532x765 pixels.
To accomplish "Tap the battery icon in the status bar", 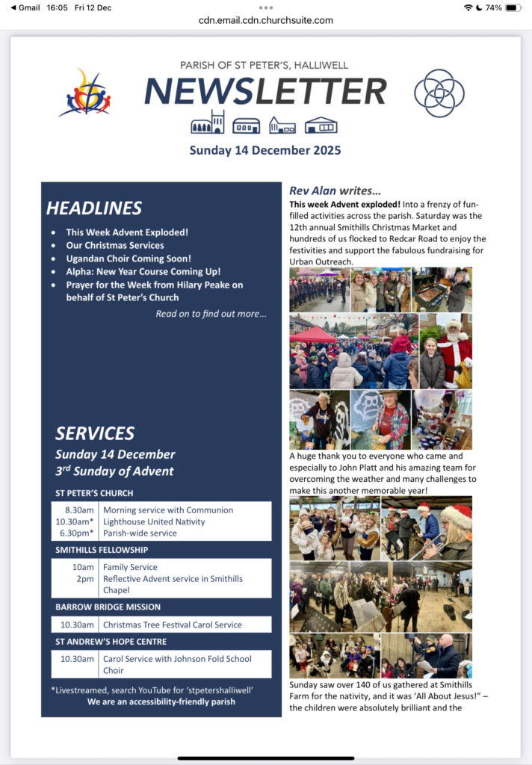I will coord(513,7).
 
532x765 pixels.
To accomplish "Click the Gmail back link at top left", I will coord(25,7).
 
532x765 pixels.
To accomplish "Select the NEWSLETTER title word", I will coord(265,91).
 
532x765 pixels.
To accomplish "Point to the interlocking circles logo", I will coord(439,93).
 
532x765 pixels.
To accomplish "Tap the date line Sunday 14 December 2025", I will coord(265,150).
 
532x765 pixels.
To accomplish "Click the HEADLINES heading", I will coord(94,208).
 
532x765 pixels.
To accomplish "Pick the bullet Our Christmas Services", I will coord(115,245).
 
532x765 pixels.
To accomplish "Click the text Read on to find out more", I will coord(211,314).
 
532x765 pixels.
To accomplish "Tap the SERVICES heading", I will coord(95,433).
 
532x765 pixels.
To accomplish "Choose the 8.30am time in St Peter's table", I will coord(79,510).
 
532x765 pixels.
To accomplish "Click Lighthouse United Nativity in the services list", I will coord(154,521).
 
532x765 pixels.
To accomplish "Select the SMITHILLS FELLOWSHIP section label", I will coord(102,550).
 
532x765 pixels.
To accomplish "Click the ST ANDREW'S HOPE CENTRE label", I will coord(111,642).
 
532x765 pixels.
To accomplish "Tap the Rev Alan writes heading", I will coord(335,191).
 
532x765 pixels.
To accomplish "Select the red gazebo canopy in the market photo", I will coord(314,335).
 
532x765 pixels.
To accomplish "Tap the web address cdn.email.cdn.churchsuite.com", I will coord(266,20).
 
